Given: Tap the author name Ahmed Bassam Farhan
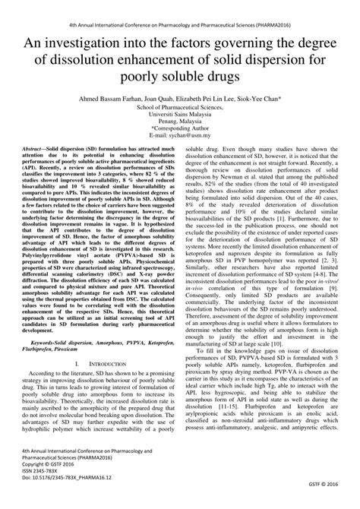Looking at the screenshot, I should tap(121, 99).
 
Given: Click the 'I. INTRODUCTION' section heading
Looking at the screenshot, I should tap(96, 363).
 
